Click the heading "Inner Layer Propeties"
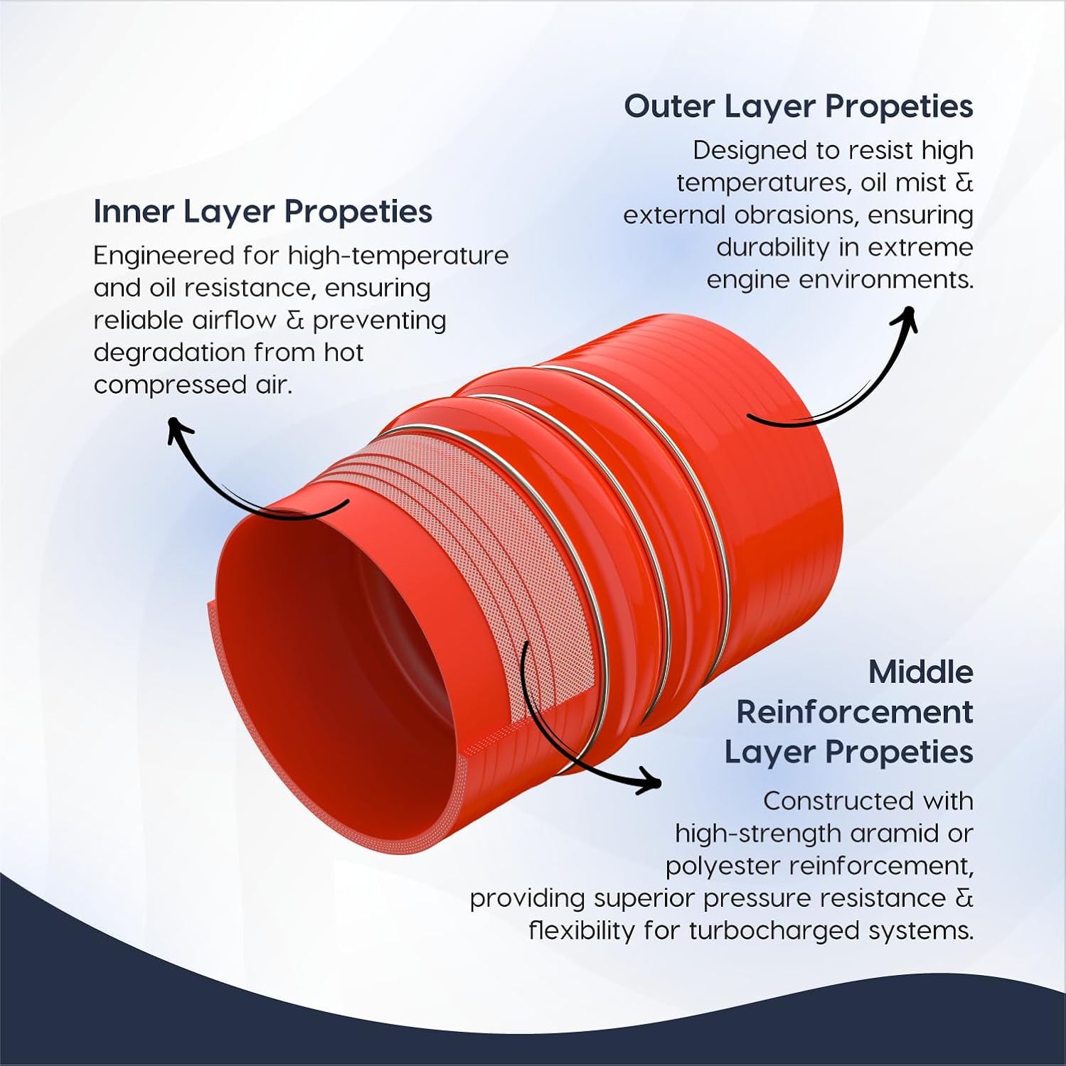262,212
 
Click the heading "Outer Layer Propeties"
798,107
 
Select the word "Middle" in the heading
920,672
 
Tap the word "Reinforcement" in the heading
854,712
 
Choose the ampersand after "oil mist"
964,183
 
